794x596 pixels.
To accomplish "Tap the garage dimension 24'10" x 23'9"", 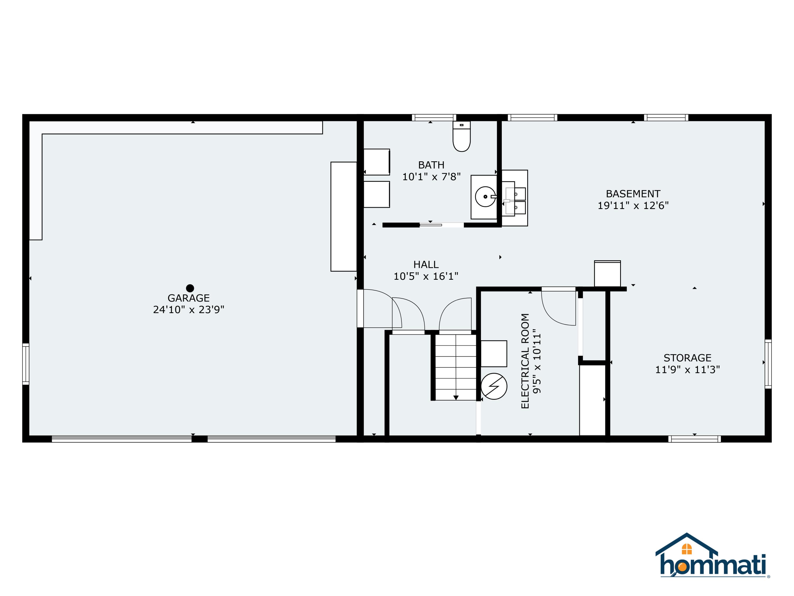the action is pyautogui.click(x=188, y=310).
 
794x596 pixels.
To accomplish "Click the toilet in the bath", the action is pyautogui.click(x=462, y=136).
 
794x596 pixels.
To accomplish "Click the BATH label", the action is pyautogui.click(x=431, y=165).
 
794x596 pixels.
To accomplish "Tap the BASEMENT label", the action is pyautogui.click(x=633, y=194).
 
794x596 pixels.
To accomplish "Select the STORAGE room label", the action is pyautogui.click(x=687, y=358).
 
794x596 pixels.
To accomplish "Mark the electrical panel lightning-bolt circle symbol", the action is pyautogui.click(x=494, y=386).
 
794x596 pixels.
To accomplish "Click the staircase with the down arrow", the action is pyautogui.click(x=455, y=367).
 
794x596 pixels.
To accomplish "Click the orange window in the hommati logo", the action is pyautogui.click(x=687, y=549).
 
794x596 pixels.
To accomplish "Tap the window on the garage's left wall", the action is pyautogui.click(x=25, y=364).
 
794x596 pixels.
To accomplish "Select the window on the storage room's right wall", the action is pyautogui.click(x=768, y=364).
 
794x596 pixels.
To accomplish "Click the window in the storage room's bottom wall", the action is pyautogui.click(x=694, y=439).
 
